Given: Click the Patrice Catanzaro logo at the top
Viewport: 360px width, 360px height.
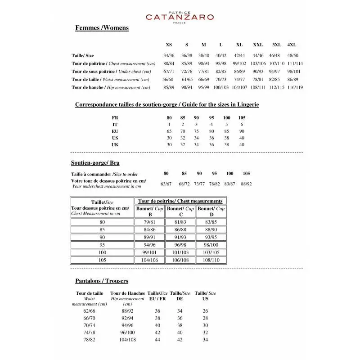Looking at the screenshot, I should (x=180, y=17).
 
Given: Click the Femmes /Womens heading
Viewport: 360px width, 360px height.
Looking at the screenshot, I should (x=102, y=28).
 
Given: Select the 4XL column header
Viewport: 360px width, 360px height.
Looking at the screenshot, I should (x=292, y=45).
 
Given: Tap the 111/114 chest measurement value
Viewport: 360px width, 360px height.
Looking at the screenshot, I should (x=295, y=63).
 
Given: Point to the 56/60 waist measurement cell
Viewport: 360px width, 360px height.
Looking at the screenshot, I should (x=169, y=80).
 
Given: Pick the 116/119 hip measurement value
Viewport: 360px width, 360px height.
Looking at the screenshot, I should (x=295, y=87).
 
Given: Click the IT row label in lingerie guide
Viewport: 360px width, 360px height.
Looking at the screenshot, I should (x=115, y=124).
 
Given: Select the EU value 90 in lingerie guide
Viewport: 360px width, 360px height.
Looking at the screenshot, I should (x=242, y=131).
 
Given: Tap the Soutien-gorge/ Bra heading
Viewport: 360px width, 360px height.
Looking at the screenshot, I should (x=95, y=163).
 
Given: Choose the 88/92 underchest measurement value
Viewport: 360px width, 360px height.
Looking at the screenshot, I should (x=246, y=184).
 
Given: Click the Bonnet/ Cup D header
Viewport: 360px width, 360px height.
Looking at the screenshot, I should (x=211, y=211).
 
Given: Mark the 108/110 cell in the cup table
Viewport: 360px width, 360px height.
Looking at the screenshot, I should (x=211, y=260).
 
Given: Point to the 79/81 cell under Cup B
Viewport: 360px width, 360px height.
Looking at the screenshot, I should (x=150, y=222).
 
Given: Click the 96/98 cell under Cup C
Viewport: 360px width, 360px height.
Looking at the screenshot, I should (x=180, y=245).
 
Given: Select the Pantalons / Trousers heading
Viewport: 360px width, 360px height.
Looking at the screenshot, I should (x=101, y=281).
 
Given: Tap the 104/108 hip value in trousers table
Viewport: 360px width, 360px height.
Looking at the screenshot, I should (x=127, y=340).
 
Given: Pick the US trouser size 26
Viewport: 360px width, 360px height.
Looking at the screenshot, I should (x=205, y=311).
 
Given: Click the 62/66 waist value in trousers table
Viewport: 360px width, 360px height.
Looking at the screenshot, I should (x=90, y=311).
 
